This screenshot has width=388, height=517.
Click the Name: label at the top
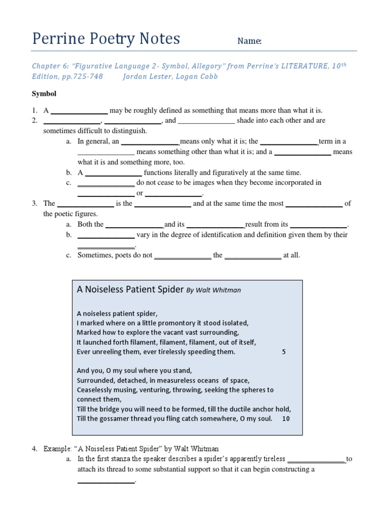tap(250, 41)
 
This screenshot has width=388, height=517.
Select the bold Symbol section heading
tap(44, 94)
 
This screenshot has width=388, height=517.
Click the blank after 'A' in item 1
tap(79, 111)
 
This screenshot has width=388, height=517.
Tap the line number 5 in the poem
tap(284, 352)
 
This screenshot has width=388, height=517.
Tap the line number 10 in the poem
tap(285, 419)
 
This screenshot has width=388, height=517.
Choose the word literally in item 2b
tap(189, 173)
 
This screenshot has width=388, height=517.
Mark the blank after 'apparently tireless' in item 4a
tap(316, 459)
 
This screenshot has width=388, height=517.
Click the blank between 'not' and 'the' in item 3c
tap(182, 255)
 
